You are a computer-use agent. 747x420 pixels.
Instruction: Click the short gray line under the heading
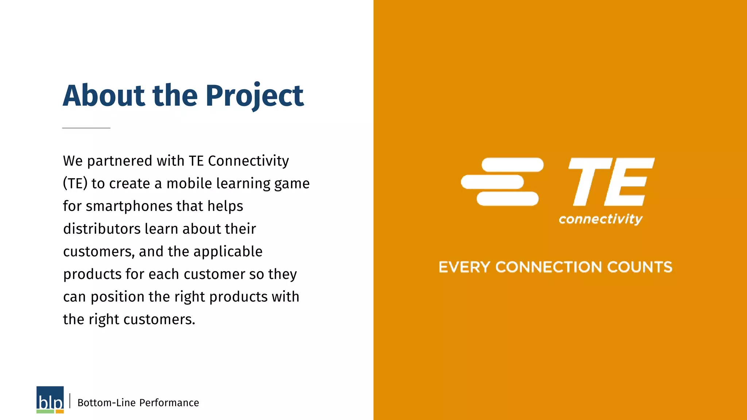pos(86,128)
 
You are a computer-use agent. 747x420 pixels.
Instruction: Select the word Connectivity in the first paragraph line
pos(248,161)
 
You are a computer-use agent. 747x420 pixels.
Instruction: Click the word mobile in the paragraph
pos(189,183)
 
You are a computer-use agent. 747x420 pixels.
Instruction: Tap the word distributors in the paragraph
pos(102,229)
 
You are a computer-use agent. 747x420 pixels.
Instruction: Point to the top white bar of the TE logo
pos(512,165)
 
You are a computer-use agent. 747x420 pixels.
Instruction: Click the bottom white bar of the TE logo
pos(507,199)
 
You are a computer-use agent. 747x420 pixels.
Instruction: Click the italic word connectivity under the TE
pos(600,219)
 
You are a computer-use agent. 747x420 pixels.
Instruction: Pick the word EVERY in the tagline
pos(464,267)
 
